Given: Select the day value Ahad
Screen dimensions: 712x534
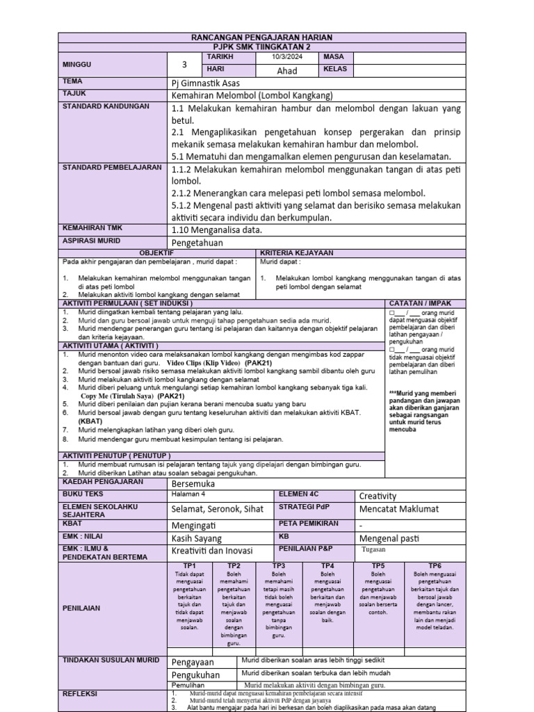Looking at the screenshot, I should (287, 70).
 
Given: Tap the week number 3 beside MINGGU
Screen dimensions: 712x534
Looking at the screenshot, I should (184, 64).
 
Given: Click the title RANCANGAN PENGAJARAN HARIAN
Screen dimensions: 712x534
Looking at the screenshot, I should (262, 37).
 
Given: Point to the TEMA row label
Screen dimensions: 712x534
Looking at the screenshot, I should (73, 81).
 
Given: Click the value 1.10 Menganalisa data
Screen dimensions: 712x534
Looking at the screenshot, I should (216, 229).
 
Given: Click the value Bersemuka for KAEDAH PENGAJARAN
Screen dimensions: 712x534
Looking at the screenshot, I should (193, 483).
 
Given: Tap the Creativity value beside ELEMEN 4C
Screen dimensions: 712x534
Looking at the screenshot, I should (378, 496).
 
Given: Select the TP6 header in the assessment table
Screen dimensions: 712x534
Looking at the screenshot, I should (435, 566).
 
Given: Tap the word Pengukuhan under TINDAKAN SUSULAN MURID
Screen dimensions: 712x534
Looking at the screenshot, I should (195, 674).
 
